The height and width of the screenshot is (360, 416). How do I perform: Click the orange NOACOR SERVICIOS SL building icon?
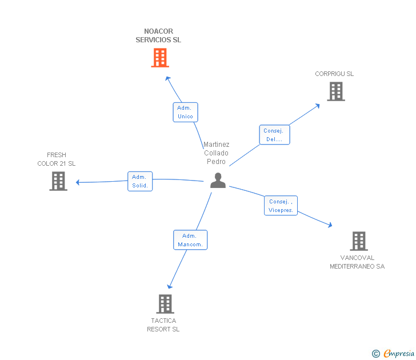160,58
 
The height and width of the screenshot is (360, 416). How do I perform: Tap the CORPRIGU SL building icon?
336,91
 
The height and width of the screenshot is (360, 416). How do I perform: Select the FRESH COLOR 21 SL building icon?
58,181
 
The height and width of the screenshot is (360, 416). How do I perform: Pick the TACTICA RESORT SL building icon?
165,304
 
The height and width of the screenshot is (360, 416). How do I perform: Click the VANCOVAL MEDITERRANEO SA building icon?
359,241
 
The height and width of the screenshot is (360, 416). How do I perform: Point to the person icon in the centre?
218,181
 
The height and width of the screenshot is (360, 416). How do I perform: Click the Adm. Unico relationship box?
186,112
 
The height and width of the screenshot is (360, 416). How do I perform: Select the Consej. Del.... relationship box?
275,135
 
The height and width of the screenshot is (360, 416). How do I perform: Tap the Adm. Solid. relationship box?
140,181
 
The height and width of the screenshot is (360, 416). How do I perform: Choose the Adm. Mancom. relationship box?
190,240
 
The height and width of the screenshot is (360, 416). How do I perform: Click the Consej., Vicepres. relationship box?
281,206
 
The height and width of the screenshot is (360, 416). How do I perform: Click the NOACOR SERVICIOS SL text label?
158,35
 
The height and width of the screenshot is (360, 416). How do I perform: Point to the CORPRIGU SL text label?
334,74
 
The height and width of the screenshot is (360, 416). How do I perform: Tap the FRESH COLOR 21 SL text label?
57,159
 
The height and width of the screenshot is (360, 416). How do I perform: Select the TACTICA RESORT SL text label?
163,325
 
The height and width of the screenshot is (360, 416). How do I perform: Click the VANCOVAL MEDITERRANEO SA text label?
357,262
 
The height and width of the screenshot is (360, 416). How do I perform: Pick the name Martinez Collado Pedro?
216,153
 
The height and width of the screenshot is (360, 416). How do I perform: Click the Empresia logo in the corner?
393,354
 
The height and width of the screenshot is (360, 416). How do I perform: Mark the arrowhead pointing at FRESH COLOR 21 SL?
78,182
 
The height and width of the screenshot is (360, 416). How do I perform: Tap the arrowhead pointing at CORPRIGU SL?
317,106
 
